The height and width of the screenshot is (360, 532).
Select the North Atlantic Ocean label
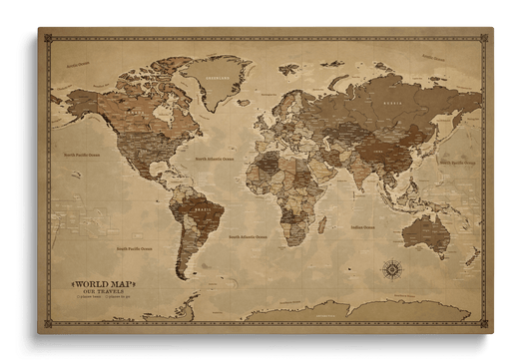pyautogui.click(x=215, y=158)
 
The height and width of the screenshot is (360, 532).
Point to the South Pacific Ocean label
pyautogui.click(x=134, y=248)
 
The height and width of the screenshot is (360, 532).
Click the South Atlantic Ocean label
pyautogui.click(x=247, y=236)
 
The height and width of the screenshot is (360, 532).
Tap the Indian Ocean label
pyautogui.click(x=362, y=228)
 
